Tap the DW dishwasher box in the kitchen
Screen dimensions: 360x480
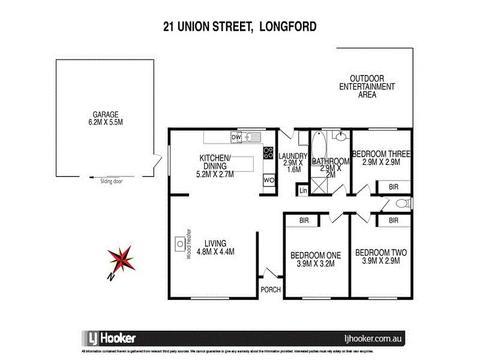pos(236,137)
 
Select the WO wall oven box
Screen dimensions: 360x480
pos(268,179)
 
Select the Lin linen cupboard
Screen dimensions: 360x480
pos(303,191)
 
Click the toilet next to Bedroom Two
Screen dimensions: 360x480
pos(406,204)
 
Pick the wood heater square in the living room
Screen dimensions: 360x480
pos(179,243)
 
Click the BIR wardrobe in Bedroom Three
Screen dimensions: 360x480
pos(393,187)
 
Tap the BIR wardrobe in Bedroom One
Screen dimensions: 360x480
pos(304,221)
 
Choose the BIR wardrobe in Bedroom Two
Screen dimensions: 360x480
pos(393,221)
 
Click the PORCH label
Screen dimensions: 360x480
pos(269,290)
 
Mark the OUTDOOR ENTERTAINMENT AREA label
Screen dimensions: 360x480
pos(367,86)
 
